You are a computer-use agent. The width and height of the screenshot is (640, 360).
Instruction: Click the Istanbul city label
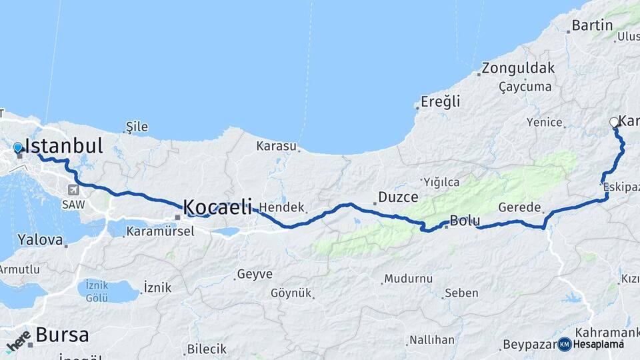[x=63, y=146]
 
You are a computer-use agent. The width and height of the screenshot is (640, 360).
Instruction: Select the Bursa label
[x=62, y=335]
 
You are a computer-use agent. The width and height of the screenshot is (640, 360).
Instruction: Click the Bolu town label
[x=465, y=220]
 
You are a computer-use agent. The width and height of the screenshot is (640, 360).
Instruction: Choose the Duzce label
[x=398, y=197]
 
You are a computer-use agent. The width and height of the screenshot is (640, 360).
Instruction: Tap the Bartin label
[x=592, y=25]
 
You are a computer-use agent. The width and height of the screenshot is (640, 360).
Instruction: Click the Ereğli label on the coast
[x=440, y=102]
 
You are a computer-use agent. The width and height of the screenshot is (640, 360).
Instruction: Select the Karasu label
[x=277, y=145]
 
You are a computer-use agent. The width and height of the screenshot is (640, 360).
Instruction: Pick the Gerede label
[x=518, y=207]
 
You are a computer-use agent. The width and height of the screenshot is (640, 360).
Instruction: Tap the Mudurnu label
[x=408, y=279]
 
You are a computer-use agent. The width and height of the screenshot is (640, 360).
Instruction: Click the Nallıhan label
[x=432, y=339]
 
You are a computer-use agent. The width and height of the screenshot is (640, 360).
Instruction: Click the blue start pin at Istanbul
[x=18, y=147]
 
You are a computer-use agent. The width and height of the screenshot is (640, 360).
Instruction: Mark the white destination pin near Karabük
[x=614, y=122]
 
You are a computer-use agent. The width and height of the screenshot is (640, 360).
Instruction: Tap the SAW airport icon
[x=71, y=189]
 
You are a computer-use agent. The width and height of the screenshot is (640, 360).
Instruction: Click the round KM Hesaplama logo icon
[x=565, y=344]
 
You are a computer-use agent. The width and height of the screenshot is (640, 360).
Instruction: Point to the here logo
[x=18, y=341]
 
